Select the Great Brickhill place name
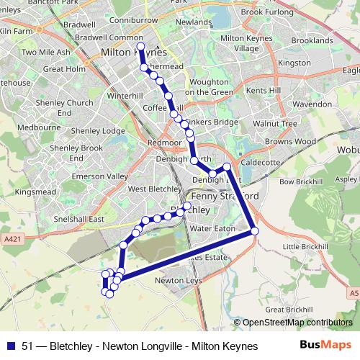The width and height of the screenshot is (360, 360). click(288, 310)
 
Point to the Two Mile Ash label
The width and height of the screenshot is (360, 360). click(45, 52)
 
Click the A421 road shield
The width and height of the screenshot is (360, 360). click(12, 238)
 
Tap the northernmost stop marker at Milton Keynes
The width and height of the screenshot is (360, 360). click(140, 47)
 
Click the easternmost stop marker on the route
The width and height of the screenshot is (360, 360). click(254, 231)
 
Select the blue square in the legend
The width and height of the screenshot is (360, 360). click(12, 346)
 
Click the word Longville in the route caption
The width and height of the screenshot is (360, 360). click(153, 346)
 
